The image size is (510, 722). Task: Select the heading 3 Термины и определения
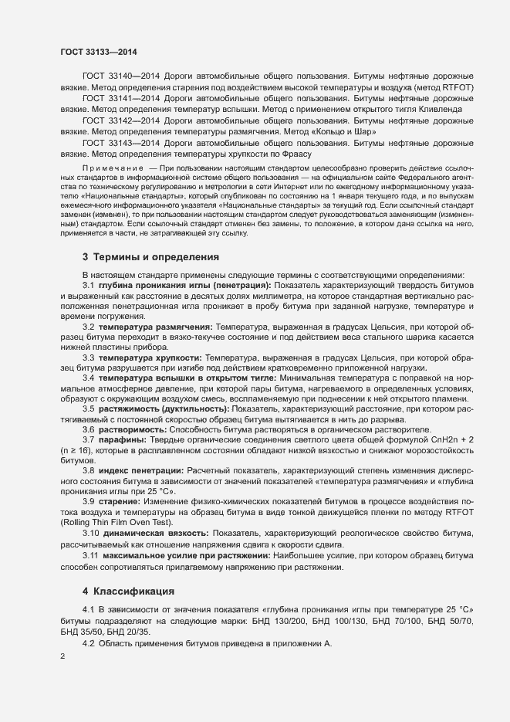pos(141,256)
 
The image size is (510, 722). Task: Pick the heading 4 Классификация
pos(130,592)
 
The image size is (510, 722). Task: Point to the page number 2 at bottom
pos(62,657)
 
